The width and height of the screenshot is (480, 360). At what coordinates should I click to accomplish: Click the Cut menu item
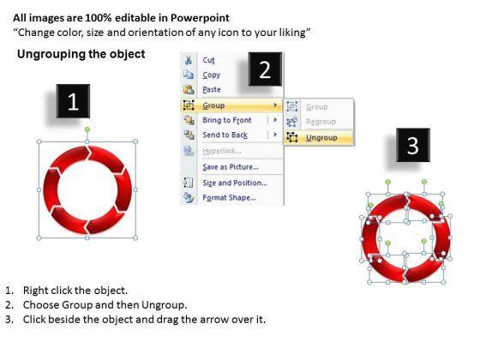[208, 60]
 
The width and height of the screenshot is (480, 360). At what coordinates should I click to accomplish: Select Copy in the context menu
[211, 75]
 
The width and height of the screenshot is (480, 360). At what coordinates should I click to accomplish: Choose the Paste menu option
[212, 90]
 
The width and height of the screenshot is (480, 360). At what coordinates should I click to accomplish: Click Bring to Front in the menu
[227, 120]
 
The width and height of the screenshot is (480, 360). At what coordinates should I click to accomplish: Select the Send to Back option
[225, 135]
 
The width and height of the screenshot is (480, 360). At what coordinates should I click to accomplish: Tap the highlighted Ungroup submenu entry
[321, 138]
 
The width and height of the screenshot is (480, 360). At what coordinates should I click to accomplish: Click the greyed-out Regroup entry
[321, 122]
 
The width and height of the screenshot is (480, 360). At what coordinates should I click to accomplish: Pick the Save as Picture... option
[231, 167]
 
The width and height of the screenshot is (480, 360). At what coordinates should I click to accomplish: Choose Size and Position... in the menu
[235, 183]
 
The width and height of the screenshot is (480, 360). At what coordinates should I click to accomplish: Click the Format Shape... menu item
[230, 197]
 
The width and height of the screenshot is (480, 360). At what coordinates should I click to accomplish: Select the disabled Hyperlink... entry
[222, 151]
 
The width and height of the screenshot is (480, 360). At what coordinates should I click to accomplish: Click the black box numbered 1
[73, 101]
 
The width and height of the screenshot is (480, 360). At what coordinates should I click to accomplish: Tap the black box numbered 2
[265, 69]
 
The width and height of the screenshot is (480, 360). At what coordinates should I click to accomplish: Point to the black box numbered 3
[413, 145]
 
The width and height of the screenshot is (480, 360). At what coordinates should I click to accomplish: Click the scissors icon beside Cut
[189, 60]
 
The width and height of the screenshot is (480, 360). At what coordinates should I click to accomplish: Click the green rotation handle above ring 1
[87, 129]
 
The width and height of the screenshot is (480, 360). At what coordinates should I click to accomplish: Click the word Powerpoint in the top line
[200, 18]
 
